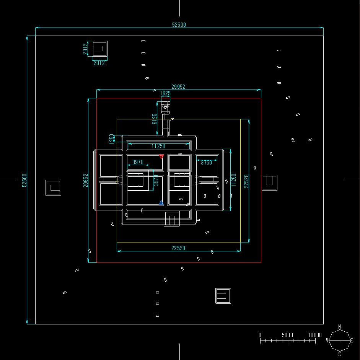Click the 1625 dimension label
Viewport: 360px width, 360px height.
tap(165, 93)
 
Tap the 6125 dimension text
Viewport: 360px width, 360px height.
tap(155, 119)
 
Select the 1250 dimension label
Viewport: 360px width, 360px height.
tap(112, 139)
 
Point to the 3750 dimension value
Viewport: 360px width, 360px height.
tap(206, 163)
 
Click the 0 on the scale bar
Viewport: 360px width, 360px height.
tap(260, 335)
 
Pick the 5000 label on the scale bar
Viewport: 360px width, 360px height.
tap(287, 335)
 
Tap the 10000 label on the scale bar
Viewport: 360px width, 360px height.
tap(315, 335)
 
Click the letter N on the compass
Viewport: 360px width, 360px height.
tap(339, 326)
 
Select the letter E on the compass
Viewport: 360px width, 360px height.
tap(352, 340)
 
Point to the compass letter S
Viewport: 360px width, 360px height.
tap(339, 354)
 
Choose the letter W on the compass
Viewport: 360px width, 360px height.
tap(327, 340)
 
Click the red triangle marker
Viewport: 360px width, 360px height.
tap(161, 156)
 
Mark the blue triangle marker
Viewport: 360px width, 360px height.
tap(161, 202)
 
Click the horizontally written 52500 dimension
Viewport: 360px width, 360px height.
tap(179, 25)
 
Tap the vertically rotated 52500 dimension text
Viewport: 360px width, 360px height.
tap(24, 180)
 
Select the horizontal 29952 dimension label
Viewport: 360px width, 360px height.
tap(178, 87)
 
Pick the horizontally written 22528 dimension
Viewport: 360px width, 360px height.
tap(178, 248)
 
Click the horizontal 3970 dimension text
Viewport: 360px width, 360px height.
tap(138, 162)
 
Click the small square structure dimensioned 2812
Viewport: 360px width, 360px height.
tap(99, 49)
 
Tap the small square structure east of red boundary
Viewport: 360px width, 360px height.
tap(269, 182)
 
